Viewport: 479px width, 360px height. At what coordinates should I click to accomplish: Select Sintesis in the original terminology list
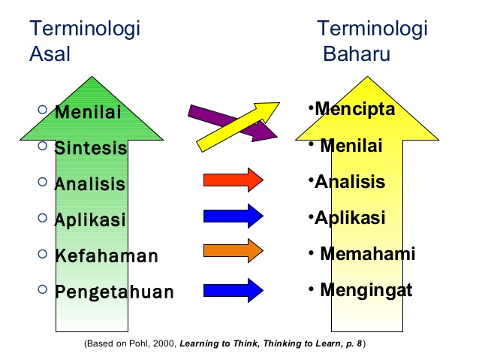(90, 148)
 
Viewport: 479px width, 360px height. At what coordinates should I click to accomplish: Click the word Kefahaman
(106, 256)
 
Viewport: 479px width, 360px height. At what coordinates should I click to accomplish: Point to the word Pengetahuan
(113, 292)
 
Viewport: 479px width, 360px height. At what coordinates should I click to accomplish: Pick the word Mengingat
(366, 289)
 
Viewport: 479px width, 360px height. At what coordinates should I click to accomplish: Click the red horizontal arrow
(233, 180)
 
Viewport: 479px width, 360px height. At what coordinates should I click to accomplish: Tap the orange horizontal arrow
(233, 250)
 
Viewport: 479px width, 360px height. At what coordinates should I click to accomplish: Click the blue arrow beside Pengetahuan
(233, 288)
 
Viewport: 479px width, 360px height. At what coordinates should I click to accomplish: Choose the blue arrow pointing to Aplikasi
(233, 216)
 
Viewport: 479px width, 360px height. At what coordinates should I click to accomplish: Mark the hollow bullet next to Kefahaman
(41, 254)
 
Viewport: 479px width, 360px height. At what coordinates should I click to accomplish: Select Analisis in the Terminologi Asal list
(89, 184)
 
